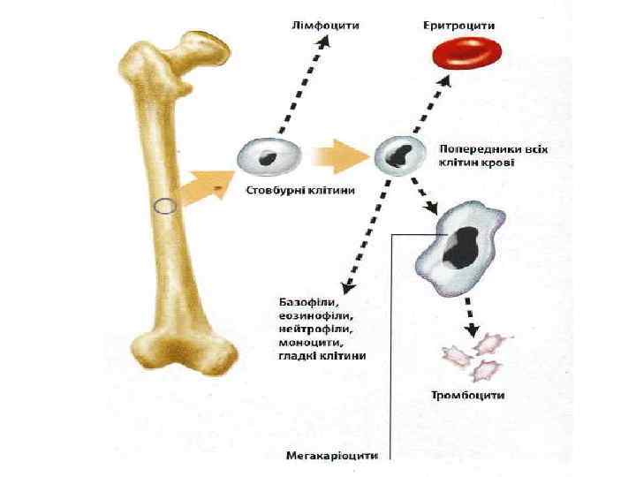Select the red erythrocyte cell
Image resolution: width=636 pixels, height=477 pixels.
pyautogui.click(x=463, y=57)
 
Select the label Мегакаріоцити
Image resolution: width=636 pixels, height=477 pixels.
pyautogui.click(x=332, y=457)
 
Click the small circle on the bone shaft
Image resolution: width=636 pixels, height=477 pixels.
pyautogui.click(x=164, y=208)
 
